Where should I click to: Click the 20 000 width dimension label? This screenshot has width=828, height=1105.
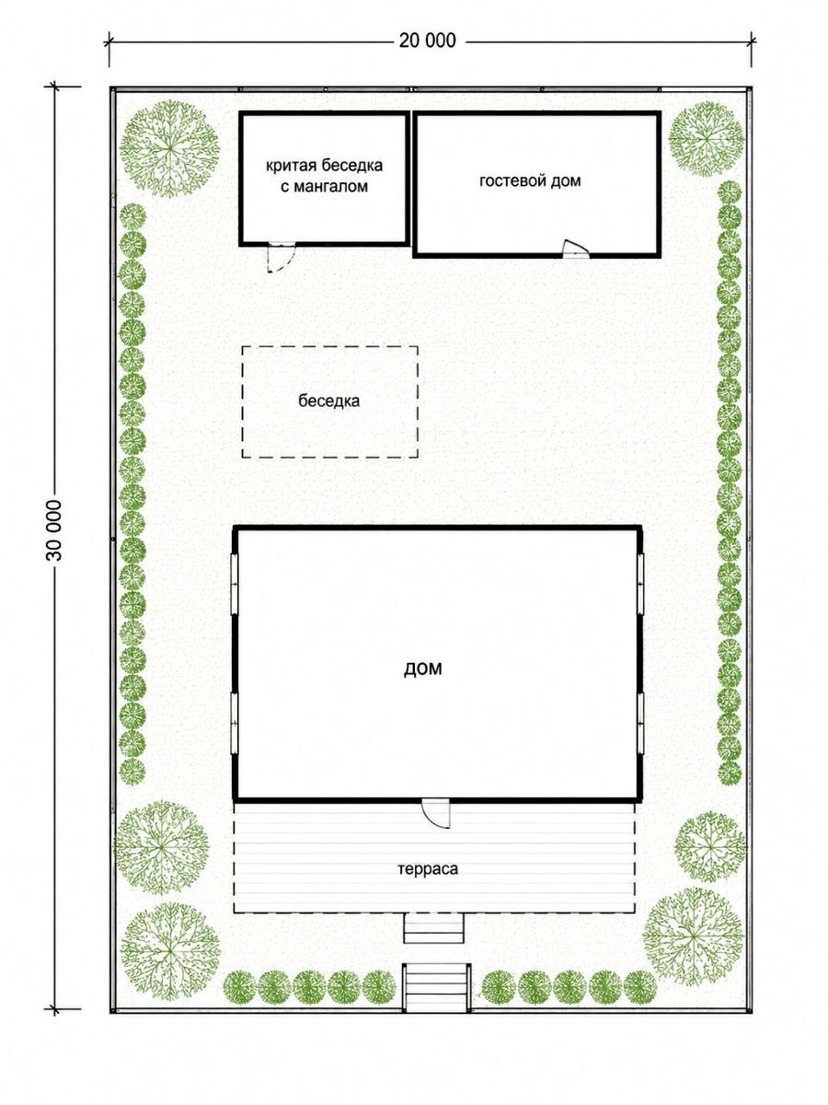coord(427,41)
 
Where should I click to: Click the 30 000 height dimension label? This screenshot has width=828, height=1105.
coord(53,530)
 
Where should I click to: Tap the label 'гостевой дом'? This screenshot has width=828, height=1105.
coord(530,180)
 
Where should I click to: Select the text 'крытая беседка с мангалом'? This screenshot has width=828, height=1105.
coord(324,176)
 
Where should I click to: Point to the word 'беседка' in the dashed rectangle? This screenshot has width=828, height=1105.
coord(328,401)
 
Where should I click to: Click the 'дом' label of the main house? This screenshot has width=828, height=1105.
coord(423,669)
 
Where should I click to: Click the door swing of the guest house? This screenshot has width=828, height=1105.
coord(575,249)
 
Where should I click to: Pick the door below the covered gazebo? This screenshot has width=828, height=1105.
coord(281,258)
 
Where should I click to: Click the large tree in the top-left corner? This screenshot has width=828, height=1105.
coord(170,149)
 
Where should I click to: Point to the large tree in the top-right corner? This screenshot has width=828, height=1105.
coord(707,137)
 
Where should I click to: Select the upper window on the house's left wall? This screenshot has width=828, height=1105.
coord(235,584)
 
